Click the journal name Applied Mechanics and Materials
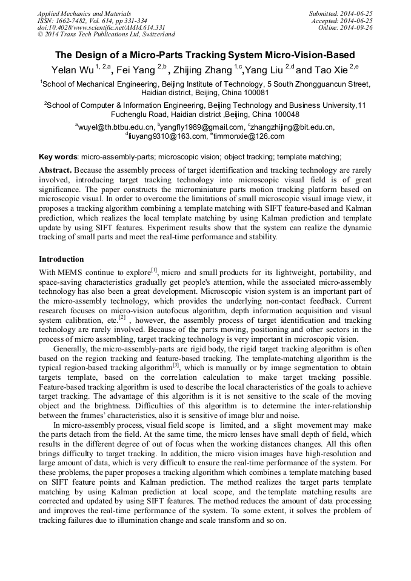tap(85, 13)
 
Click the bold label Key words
tap(58, 156)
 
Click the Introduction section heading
tap(61, 259)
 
